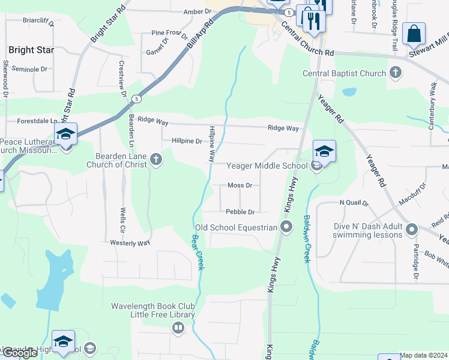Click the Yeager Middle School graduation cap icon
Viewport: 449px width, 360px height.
[324, 151]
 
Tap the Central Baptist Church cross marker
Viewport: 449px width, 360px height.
[395, 73]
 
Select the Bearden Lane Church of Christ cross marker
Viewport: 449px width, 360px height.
[156, 160]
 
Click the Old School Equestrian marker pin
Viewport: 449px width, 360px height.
[286, 227]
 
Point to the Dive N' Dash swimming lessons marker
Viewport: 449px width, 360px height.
[411, 229]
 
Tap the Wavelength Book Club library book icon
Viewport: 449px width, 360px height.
[178, 328]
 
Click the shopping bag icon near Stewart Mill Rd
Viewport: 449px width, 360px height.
[414, 34]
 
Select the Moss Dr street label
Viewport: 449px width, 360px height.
[240, 185]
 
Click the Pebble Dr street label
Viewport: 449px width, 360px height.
[240, 212]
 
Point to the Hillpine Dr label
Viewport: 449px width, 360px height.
[186, 142]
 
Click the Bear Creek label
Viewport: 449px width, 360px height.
[197, 251]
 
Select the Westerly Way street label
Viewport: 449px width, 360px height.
[130, 243]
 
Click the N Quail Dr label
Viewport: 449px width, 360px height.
[354, 203]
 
